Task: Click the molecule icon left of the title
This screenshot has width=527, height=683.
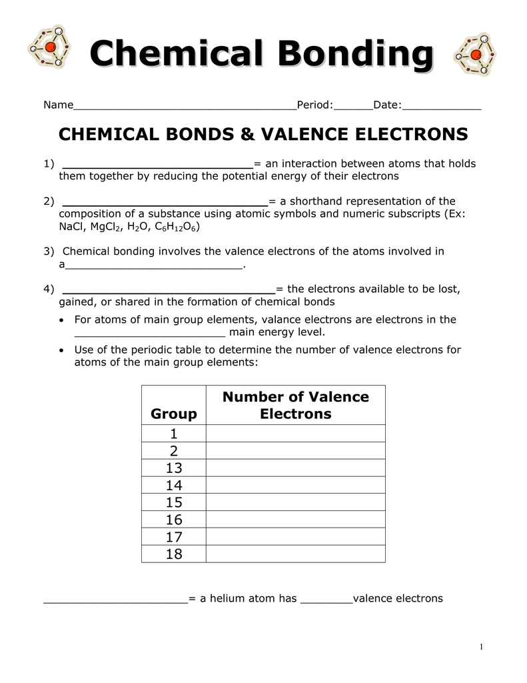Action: [49, 47]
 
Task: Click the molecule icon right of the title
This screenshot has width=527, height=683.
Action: [474, 53]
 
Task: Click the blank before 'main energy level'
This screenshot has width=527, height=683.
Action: [150, 333]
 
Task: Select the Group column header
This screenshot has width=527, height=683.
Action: [174, 414]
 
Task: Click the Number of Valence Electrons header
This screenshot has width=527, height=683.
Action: [295, 406]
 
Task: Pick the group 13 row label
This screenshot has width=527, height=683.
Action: [174, 468]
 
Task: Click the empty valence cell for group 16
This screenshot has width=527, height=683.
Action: [295, 520]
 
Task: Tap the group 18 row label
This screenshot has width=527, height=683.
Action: [174, 554]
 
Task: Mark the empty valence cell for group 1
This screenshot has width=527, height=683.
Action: [295, 434]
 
